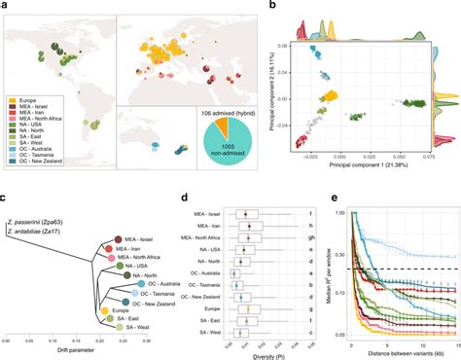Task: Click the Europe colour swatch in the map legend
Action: click(11, 100)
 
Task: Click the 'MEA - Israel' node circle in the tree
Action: click(119, 238)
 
